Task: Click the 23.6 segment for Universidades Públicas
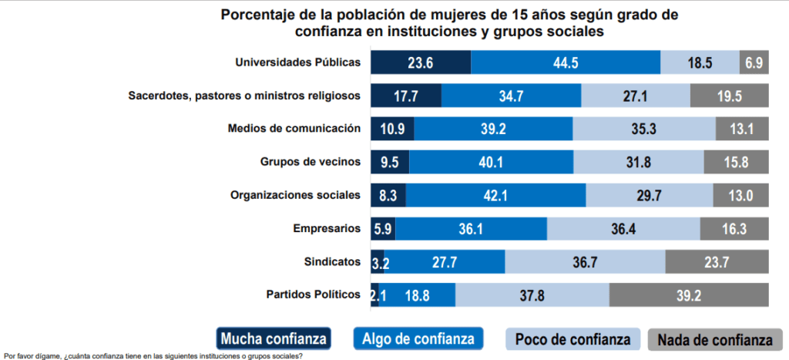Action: [x=421, y=62]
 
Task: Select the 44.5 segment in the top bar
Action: [x=566, y=62]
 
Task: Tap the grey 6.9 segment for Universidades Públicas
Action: [x=753, y=62]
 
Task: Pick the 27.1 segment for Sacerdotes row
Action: [x=636, y=96]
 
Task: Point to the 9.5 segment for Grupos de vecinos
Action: [x=390, y=162]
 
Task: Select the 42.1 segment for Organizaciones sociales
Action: [x=495, y=195]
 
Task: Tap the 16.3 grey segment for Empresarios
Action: [x=734, y=229]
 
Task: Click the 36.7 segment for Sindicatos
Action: [x=585, y=262]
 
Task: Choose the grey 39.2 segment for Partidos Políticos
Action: [x=689, y=295]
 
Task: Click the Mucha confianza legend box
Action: [x=274, y=338]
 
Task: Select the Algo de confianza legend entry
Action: [x=418, y=338]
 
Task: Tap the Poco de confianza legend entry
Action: [x=572, y=338]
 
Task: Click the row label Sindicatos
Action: [x=331, y=261]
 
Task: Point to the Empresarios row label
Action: [x=327, y=228]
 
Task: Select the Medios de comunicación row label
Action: [x=294, y=128]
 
